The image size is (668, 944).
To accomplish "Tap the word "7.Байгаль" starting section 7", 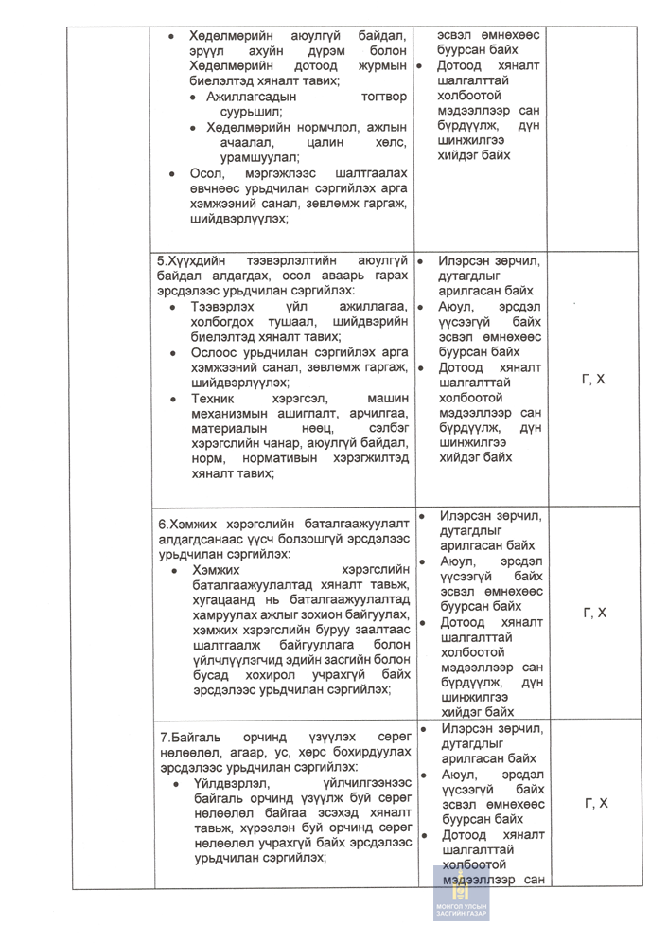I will (x=192, y=737).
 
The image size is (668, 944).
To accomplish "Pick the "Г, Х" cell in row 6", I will (x=593, y=614).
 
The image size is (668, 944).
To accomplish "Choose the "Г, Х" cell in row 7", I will (x=593, y=804).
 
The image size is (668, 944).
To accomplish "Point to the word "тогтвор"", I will (x=383, y=97).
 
